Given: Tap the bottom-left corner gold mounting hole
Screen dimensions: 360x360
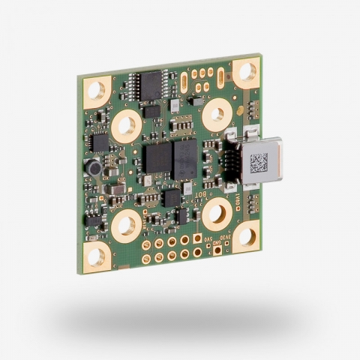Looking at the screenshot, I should pyautogui.click(x=97, y=256).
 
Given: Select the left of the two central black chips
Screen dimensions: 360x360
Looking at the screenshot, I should pyautogui.click(x=157, y=158).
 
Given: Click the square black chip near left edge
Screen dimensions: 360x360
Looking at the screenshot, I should pyautogui.click(x=98, y=142).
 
